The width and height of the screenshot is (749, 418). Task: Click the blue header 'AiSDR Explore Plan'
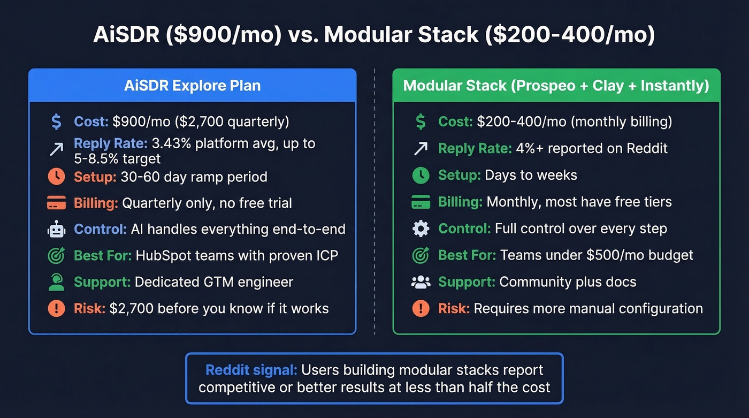pos(192,86)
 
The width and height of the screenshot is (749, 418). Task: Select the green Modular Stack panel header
pos(556,86)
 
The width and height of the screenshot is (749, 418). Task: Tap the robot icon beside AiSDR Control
pos(56,229)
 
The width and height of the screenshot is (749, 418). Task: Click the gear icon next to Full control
pos(421,229)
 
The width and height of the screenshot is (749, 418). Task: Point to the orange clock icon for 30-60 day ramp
pos(56,176)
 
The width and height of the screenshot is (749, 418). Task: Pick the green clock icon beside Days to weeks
pos(421,175)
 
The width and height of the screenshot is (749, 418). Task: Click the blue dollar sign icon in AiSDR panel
pos(56,121)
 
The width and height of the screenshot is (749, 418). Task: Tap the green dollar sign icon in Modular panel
pos(421,121)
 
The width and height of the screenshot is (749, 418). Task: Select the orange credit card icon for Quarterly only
pos(56,203)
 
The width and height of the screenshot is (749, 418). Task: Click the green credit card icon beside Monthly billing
pos(421,202)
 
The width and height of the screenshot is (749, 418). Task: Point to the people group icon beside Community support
pos(421,282)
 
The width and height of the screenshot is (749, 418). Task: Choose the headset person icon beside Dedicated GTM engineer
pos(56,282)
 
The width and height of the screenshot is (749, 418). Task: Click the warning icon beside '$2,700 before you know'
pos(56,309)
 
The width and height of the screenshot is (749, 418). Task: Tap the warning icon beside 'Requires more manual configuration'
pos(421,309)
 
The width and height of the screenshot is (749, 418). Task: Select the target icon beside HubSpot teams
pos(56,256)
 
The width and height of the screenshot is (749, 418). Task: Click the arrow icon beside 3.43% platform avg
pos(56,149)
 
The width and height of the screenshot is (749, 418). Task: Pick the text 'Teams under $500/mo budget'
pos(597,255)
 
